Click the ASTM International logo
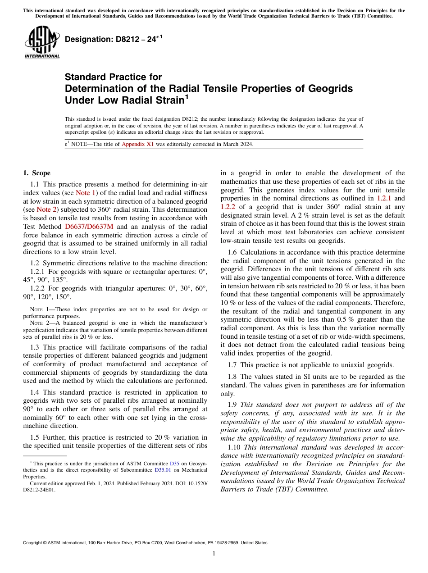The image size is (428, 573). click(41, 42)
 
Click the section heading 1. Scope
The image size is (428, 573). click(36, 173)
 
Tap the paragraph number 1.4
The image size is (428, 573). click(35, 393)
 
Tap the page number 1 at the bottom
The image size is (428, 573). click(214, 554)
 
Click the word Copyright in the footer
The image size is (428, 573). click(33, 543)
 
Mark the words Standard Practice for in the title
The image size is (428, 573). click(113, 77)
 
